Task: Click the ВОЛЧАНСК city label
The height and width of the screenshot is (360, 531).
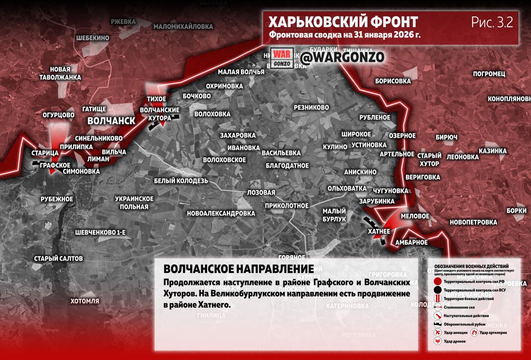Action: point(111,121)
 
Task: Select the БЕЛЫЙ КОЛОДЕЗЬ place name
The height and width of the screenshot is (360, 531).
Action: point(181,181)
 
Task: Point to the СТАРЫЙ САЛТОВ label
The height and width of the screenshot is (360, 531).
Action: point(58,259)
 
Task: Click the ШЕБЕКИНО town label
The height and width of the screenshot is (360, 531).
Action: point(93,38)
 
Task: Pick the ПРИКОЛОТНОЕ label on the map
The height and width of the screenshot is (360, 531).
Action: point(287,206)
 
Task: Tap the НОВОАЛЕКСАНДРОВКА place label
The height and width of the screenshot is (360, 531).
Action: point(221,213)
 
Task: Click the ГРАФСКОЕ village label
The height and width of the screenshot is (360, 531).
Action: point(55,165)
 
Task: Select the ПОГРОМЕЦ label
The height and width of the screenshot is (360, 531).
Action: point(489,74)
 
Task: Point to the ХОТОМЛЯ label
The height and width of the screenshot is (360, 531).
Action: point(85,301)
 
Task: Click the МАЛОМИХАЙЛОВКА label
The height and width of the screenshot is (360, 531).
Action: point(183,27)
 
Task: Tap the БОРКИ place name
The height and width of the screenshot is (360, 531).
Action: point(516,211)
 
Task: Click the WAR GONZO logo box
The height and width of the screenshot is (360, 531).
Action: point(282,58)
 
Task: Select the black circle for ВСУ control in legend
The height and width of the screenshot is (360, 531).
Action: point(437,290)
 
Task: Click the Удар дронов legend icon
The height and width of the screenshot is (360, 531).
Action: point(437,341)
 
